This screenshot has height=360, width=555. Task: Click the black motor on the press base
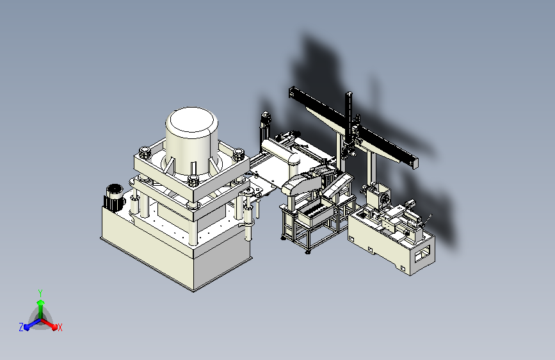[x=115, y=198]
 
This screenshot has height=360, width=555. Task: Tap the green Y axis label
[x=40, y=293]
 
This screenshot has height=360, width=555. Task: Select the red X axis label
[x=60, y=327]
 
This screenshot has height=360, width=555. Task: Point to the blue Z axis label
[x=21, y=327]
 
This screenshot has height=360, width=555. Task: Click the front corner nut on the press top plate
[x=193, y=180]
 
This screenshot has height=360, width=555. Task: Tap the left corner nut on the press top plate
[x=145, y=152]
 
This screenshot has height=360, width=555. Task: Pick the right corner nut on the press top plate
[x=238, y=154]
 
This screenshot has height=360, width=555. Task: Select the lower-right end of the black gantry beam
[x=414, y=163]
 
